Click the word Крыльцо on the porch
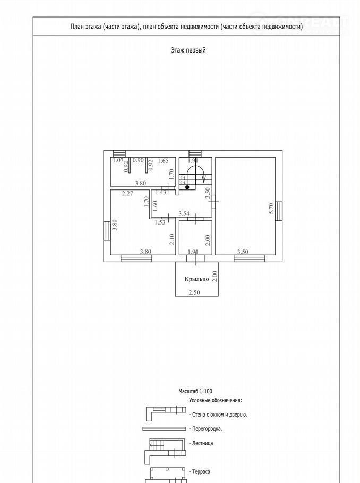196,279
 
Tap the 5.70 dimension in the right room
271,208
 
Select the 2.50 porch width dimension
194,292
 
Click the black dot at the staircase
187,187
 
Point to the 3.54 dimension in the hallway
184,213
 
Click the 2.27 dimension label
127,193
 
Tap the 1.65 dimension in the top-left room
164,160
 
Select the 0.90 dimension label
138,160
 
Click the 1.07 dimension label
118,160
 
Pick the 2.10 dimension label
172,239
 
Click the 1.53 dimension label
160,222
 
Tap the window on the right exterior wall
279,211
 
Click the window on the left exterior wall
107,230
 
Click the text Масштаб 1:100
195,391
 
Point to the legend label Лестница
202,443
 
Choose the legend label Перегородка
207,429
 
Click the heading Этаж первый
188,50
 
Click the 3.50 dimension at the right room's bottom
243,252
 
